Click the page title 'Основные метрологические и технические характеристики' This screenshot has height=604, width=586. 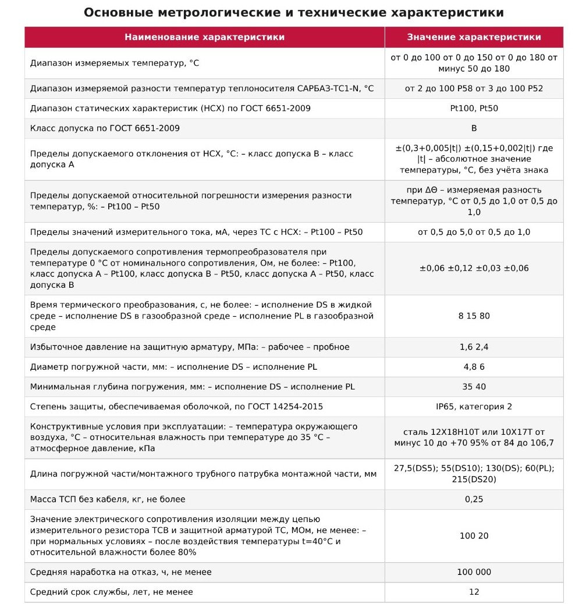click(293, 13)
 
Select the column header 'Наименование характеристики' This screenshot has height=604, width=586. click(204, 37)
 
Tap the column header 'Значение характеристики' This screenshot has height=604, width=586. click(474, 37)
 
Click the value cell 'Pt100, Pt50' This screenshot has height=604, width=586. click(474, 108)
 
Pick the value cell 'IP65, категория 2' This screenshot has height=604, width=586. click(474, 406)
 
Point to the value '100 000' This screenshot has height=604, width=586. click(474, 572)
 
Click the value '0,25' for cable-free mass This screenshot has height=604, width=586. click(474, 499)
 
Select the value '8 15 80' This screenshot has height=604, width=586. click(474, 316)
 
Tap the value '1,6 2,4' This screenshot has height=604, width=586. click(474, 347)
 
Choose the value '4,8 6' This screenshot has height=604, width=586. click(474, 367)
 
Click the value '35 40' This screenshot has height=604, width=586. click(474, 387)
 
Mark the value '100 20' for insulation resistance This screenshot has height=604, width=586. click(474, 535)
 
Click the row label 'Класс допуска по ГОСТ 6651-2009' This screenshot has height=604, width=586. click(105, 128)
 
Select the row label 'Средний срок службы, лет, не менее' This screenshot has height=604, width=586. click(111, 592)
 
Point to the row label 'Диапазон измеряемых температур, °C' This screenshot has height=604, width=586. click(114, 63)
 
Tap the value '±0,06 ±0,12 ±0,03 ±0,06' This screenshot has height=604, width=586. click(474, 268)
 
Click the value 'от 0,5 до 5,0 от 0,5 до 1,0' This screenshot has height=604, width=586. click(474, 232)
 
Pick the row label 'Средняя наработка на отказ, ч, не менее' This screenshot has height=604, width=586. click(120, 572)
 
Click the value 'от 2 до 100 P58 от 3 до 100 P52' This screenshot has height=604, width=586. click(474, 88)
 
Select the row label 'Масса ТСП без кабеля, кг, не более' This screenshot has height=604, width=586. click(108, 499)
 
